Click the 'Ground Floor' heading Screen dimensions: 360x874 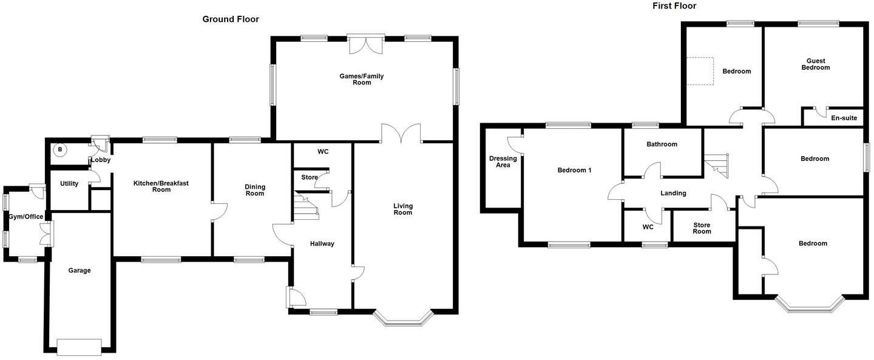(x=231, y=19)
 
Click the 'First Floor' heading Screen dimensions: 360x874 (x=674, y=6)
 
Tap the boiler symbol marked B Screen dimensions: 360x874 (x=60, y=149)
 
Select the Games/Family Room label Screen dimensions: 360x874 (x=362, y=80)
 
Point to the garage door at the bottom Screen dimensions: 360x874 (x=79, y=347)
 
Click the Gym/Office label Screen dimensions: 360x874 (x=25, y=217)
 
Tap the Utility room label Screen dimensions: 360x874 (x=69, y=183)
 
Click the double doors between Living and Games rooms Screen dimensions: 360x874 (x=401, y=134)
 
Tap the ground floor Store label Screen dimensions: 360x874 (x=310, y=177)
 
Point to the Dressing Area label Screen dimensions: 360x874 (x=503, y=161)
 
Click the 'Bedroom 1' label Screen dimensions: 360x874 (x=574, y=170)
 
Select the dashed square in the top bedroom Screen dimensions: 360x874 (x=700, y=71)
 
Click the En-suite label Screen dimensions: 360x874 (x=844, y=118)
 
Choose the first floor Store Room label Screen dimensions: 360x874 (x=702, y=228)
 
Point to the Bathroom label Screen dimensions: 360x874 (x=662, y=144)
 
